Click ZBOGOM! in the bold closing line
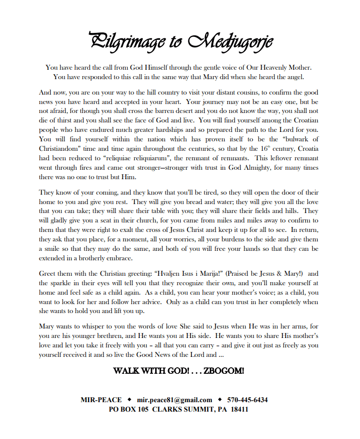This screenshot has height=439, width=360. [x=224, y=371]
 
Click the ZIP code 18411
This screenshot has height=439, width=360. [x=239, y=410]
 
